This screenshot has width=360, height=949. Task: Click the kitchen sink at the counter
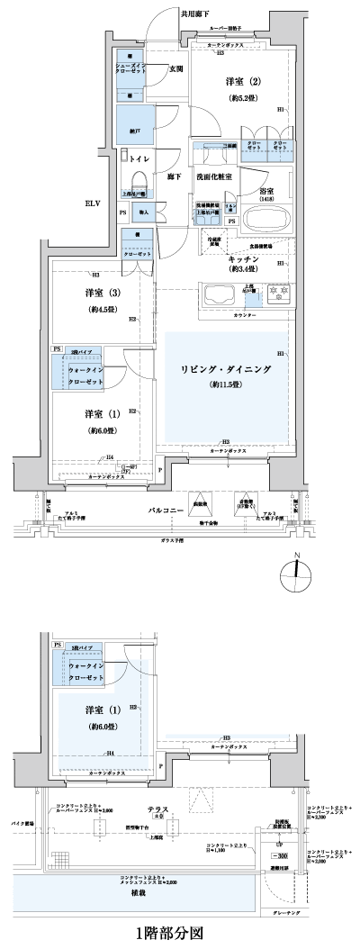point(219,294)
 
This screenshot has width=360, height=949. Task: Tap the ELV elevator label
point(94,203)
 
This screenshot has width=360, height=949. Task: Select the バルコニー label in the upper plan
point(166,510)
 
